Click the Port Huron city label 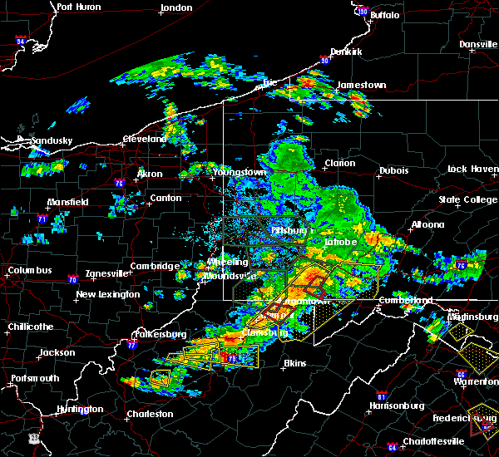(77, 7)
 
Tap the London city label (177, 7)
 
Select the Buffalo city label (383, 15)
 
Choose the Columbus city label (30, 271)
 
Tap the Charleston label (150, 414)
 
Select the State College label (468, 199)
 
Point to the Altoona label (427, 224)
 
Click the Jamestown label (361, 85)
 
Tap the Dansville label (477, 44)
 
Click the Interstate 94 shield (22, 41)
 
